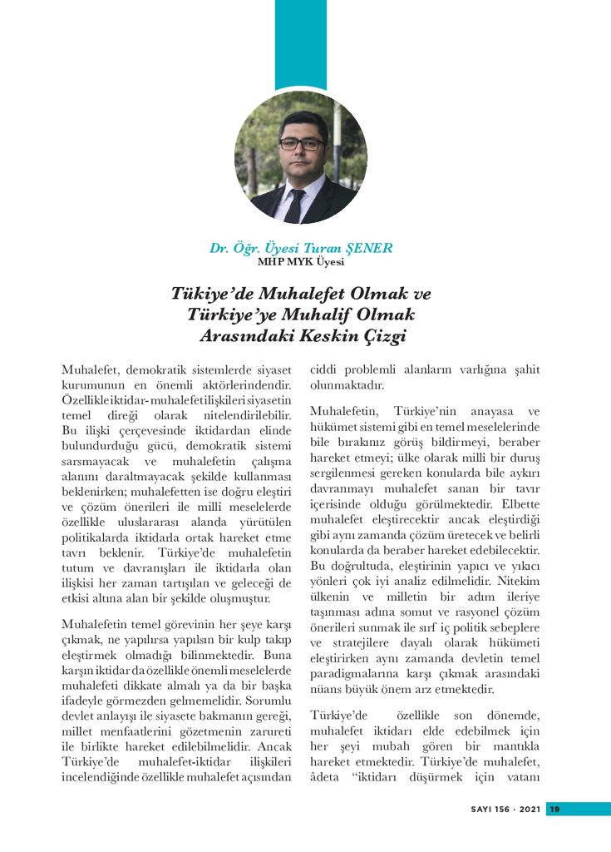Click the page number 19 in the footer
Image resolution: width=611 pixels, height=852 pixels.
[555, 810]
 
